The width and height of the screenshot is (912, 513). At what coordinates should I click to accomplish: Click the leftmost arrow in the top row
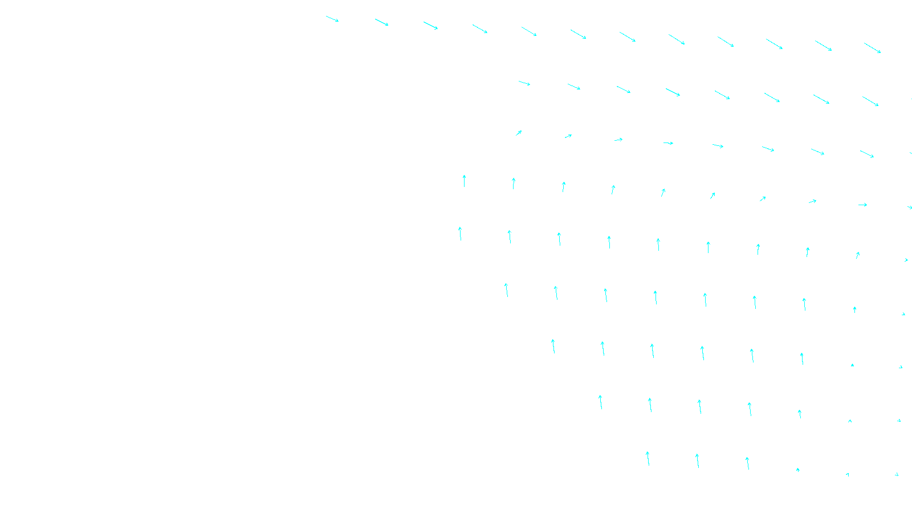point(332,19)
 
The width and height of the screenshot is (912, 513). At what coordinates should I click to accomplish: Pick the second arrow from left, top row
point(382,22)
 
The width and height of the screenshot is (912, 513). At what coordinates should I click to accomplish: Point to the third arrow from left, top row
point(431,26)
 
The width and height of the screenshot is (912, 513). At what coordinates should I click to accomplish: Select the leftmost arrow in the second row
point(524,83)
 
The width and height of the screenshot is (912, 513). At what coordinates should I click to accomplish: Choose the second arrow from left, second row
point(574,87)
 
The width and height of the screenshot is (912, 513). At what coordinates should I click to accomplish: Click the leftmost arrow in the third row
point(519,133)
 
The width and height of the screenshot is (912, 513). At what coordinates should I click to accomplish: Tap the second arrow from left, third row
point(568,136)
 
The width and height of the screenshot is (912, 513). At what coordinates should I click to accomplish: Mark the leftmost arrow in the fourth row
point(464,181)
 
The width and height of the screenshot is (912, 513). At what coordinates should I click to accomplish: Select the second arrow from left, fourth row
point(514,183)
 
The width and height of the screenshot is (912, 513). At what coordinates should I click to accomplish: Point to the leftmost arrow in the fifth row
point(460,233)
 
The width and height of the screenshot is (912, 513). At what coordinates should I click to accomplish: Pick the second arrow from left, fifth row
point(510,237)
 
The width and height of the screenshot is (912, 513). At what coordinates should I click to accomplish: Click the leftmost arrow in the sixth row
point(506,290)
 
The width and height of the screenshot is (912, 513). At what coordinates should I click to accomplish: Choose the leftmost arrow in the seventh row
point(553,346)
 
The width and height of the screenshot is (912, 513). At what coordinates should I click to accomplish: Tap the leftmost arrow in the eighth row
point(600,402)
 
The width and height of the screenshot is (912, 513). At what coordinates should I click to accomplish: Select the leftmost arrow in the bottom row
point(648,458)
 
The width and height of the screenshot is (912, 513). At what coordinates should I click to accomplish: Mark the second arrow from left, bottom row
point(697,461)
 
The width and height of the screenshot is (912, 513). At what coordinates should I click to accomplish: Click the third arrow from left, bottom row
point(747,463)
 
